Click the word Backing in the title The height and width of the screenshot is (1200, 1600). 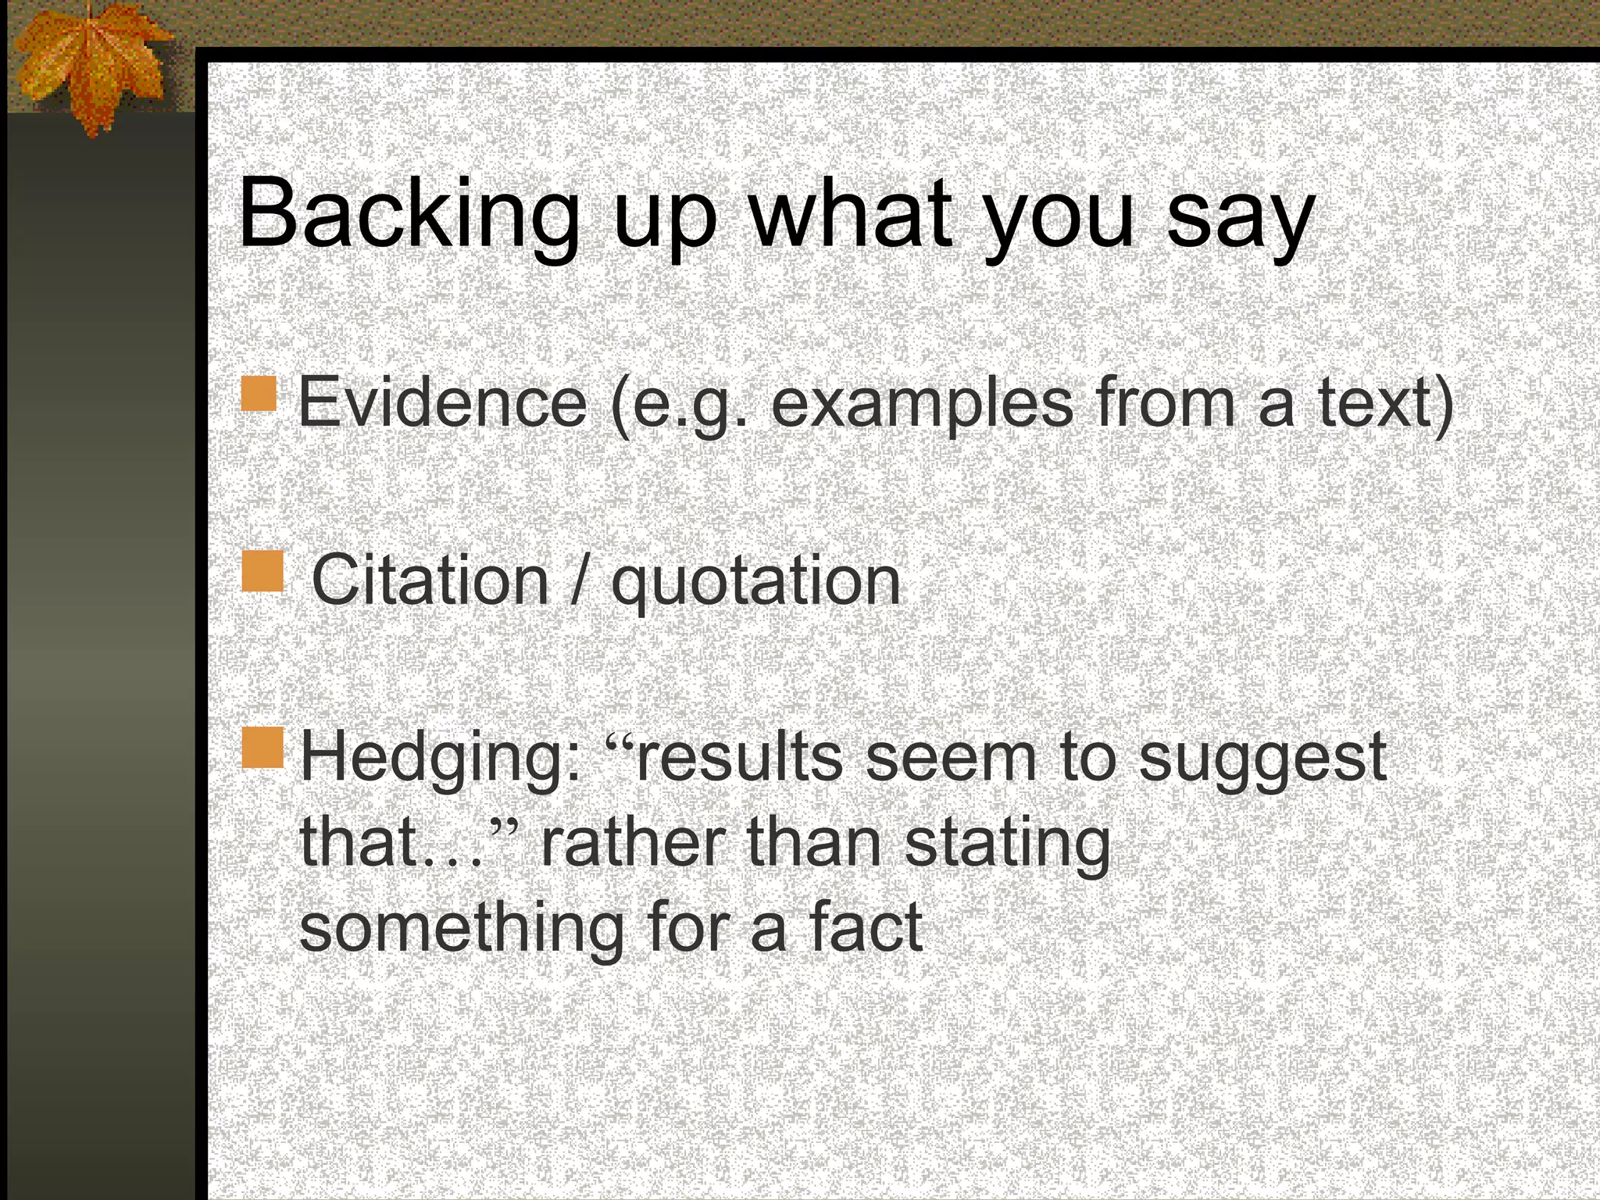coord(409,215)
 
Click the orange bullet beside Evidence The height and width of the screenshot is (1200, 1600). coord(259,394)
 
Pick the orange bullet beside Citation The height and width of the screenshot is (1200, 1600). coord(262,571)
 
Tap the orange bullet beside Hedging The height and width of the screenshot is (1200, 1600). coord(262,748)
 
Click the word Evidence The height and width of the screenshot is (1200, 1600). coord(442,403)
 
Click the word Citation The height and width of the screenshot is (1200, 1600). coord(430,580)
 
